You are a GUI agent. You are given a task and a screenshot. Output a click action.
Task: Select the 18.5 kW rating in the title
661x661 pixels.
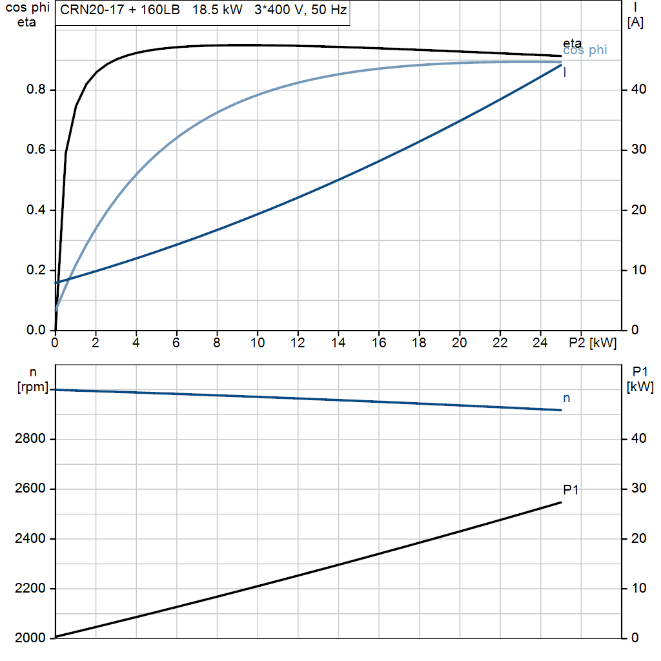[217, 10]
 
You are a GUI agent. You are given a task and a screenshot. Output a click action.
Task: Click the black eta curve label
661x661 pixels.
[572, 43]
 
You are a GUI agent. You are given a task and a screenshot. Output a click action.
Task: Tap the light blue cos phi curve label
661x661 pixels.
[585, 50]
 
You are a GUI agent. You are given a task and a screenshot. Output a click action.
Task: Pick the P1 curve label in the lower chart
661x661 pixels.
[571, 489]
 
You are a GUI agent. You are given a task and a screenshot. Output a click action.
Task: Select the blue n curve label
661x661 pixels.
[567, 398]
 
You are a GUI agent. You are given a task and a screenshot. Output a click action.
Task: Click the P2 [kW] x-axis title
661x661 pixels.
[593, 343]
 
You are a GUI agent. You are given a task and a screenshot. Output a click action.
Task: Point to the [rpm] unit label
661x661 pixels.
[33, 387]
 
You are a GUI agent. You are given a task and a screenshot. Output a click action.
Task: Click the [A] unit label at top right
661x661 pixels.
[635, 22]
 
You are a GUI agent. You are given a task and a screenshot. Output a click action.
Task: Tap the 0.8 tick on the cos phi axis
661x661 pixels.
[36, 89]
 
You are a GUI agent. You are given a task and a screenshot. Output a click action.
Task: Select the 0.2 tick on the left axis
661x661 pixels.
[36, 270]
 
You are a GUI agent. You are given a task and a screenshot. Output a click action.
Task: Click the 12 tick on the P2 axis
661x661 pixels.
[298, 343]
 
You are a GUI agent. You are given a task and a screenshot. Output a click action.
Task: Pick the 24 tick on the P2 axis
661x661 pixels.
[540, 343]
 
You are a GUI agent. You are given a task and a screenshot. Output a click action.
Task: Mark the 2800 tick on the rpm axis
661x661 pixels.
[30, 438]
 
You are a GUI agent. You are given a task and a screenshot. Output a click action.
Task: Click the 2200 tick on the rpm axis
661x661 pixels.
[30, 588]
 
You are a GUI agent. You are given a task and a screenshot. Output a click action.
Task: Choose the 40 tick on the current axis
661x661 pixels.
[638, 89]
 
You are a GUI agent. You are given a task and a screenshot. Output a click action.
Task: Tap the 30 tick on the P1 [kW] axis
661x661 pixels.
[638, 488]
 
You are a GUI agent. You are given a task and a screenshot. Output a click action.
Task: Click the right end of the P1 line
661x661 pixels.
[561, 502]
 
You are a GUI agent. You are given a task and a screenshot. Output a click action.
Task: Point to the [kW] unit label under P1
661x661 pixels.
[640, 387]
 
